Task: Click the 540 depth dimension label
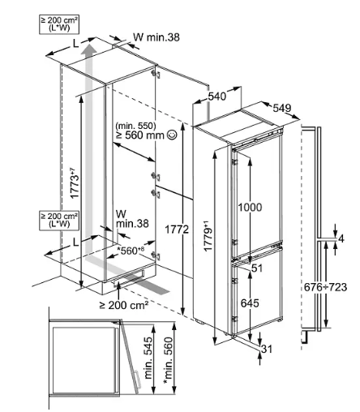[216, 97]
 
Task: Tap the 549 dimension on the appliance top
[282, 108]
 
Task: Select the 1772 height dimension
[177, 230]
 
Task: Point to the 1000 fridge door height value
[250, 208]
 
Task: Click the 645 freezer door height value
[250, 303]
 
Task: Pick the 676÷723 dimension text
[325, 287]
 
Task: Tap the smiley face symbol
[172, 135]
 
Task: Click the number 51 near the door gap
[257, 268]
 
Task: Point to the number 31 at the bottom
[267, 349]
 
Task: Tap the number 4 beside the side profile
[341, 239]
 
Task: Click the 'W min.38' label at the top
[156, 37]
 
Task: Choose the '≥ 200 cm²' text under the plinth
[124, 305]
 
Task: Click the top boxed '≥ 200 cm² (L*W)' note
[59, 24]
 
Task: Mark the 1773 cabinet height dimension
[75, 184]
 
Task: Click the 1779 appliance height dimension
[208, 237]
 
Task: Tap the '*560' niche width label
[130, 251]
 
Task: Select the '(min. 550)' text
[135, 126]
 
